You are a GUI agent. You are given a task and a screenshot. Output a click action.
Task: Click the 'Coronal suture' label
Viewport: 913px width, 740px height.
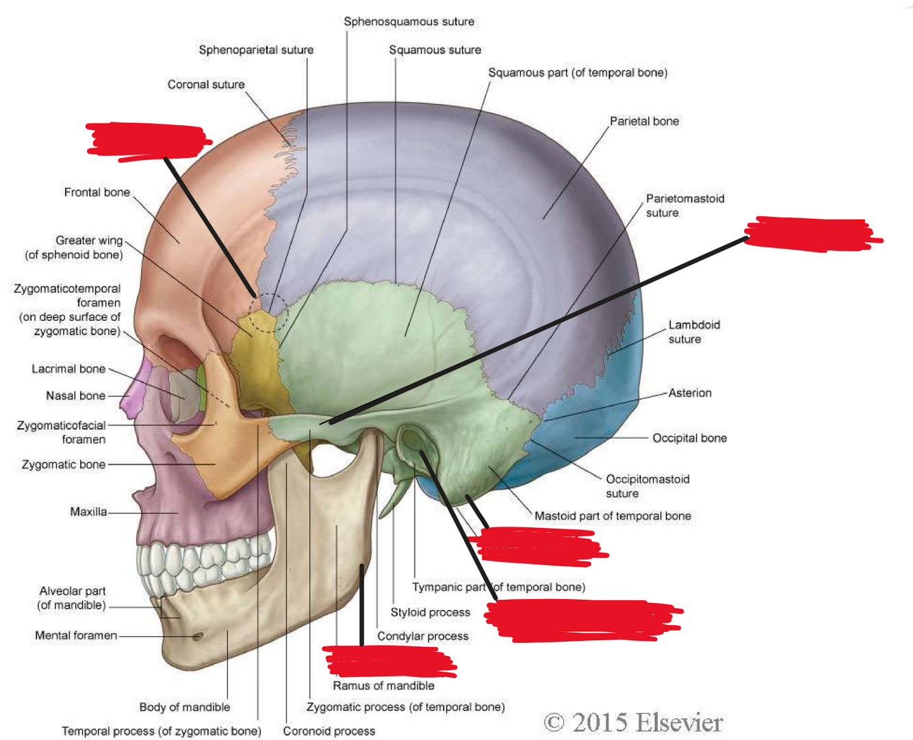click(205, 85)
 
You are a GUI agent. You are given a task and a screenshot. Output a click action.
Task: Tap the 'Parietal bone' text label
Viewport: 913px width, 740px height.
click(644, 122)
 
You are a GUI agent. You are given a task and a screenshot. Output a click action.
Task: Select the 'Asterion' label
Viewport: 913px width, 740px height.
click(690, 393)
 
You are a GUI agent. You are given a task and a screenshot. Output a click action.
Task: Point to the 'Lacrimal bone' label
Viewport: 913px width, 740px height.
click(68, 369)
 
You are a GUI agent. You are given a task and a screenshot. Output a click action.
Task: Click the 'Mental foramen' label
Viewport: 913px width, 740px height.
click(76, 636)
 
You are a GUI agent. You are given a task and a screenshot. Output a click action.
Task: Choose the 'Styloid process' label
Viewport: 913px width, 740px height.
click(430, 613)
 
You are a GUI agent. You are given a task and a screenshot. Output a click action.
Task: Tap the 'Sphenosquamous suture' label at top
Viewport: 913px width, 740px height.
click(409, 22)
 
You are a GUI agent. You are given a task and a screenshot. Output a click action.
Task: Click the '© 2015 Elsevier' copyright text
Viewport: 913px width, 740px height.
click(633, 723)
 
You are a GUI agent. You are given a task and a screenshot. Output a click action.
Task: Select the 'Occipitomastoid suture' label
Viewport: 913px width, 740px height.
click(647, 486)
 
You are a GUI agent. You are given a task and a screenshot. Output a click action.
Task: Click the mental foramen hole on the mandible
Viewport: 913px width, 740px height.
click(198, 637)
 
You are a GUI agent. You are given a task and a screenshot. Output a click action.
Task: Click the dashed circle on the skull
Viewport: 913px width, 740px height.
click(268, 313)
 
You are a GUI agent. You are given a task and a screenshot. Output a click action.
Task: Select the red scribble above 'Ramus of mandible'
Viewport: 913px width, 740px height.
click(388, 661)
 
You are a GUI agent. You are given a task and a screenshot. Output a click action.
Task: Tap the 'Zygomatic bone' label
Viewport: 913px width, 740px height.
click(64, 465)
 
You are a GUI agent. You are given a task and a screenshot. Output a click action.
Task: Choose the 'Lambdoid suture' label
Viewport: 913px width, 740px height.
click(693, 332)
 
